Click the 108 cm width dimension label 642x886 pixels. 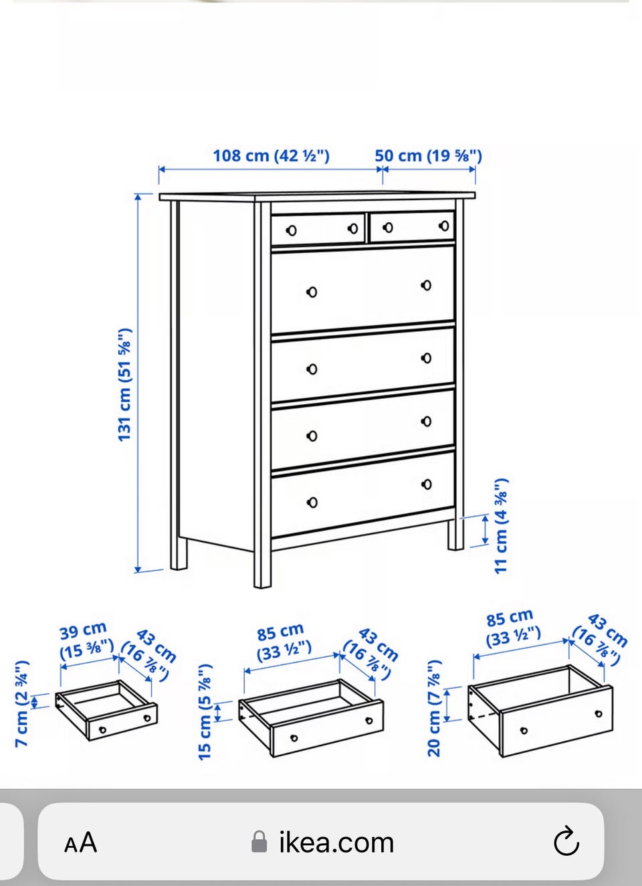pos(272,156)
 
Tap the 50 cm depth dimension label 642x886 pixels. pos(429,156)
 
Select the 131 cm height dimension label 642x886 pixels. pos(124,385)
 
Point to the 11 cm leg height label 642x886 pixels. pos(502,526)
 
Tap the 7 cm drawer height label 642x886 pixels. pos(22,704)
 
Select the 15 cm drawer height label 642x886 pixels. pos(205,712)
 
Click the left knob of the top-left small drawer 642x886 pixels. pos(292,231)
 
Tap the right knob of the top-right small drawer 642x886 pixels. pos(444,226)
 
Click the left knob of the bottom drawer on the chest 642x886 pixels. pos(312,503)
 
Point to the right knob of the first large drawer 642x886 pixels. pos(426,285)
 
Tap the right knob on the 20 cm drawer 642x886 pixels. pos(599,714)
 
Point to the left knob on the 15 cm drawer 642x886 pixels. pos(294,738)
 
